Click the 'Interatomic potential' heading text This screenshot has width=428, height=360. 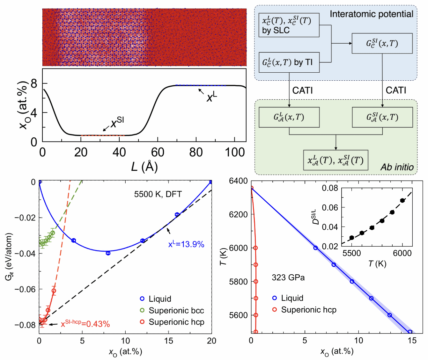click(371, 14)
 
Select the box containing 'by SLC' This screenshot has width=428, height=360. click(289, 25)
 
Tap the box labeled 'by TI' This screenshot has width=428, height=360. click(289, 62)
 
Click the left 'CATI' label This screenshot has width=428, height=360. click(302, 90)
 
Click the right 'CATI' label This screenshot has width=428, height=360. click(396, 90)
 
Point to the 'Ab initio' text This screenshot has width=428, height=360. click(397, 167)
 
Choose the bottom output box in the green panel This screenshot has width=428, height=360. click(336, 160)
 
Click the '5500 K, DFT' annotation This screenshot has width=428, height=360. click(158, 194)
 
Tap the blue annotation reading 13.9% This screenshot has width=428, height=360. click(186, 244)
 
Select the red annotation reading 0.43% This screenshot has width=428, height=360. click(85, 324)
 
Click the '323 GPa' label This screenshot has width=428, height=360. click(288, 278)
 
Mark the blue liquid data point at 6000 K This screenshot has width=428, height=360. click(315, 248)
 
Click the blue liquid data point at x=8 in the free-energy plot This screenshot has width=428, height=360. click(108, 253)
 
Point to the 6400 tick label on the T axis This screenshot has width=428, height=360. click(238, 181)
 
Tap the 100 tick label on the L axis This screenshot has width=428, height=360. click(235, 153)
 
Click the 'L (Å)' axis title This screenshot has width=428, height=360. click(144, 166)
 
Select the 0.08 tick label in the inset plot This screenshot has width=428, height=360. click(330, 188)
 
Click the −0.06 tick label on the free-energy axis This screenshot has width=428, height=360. click(25, 289)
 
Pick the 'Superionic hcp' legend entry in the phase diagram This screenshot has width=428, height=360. click(308, 310)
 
